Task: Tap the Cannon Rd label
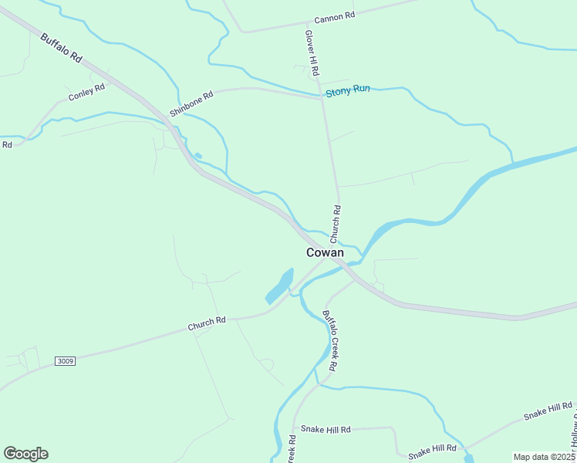coord(334,17)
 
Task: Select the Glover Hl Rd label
coord(312,52)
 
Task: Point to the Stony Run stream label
coord(347,90)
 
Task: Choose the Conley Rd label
coord(86,92)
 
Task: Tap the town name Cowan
coord(325,252)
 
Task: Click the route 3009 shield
coord(66,361)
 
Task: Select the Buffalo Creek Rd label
coord(329,340)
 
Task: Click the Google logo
coord(25,454)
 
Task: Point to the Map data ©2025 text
coord(544,457)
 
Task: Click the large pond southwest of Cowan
coord(279,286)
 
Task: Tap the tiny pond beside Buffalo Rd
coord(197,156)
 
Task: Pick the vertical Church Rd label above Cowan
coord(336,221)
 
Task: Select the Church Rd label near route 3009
coord(207,324)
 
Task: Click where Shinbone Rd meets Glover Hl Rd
coord(321,98)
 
